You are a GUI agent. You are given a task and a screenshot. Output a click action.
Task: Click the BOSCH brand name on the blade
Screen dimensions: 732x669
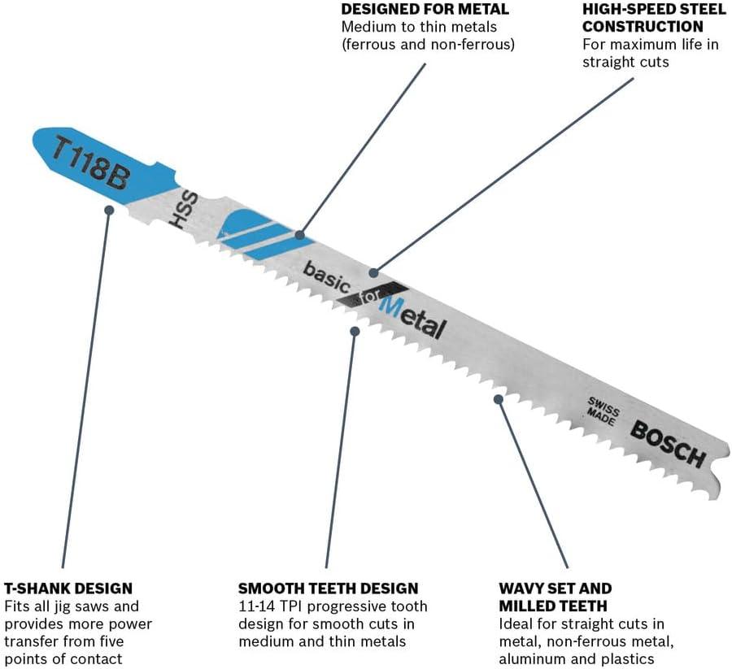[668, 444]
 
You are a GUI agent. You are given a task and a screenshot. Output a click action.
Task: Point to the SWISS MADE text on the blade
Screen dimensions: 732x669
[603, 411]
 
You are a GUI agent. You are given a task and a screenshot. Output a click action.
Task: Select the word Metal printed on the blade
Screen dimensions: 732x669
[412, 318]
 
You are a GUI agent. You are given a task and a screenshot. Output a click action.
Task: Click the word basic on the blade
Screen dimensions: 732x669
[327, 278]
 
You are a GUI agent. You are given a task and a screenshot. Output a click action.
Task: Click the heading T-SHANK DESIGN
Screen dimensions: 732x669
[68, 588]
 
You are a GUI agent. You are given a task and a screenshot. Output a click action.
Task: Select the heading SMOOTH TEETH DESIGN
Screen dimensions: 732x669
[329, 588]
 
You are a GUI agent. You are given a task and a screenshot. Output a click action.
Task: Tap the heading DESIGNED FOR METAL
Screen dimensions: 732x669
[425, 9]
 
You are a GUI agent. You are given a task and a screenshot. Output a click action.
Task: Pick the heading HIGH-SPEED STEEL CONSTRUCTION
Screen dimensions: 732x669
[654, 18]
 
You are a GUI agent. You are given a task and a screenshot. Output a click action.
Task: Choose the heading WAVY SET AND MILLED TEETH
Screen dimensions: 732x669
[555, 597]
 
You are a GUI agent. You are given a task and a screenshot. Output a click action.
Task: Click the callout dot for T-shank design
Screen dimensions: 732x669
[109, 210]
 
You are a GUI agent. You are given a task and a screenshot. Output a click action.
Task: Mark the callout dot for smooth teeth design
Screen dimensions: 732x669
[355, 331]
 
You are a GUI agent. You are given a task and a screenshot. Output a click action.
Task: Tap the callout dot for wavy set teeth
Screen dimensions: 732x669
[499, 399]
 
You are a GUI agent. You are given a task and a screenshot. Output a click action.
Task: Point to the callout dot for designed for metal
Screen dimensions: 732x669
[300, 235]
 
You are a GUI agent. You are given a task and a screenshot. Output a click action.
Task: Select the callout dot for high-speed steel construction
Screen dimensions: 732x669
[373, 272]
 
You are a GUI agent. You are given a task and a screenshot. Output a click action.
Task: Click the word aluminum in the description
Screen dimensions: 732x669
[531, 659]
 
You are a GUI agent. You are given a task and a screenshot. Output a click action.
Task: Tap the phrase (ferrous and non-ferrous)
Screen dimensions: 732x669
[428, 45]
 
